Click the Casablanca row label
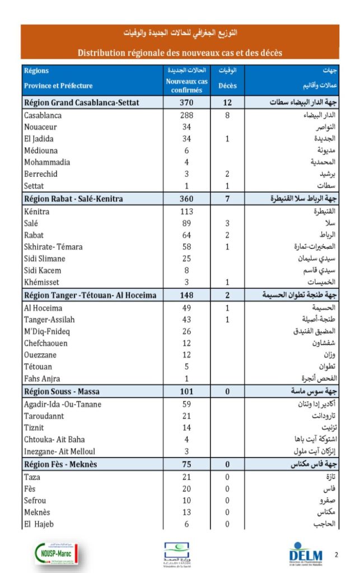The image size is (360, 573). (x=43, y=115)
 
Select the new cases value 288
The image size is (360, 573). (x=186, y=115)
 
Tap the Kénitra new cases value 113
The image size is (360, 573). (x=186, y=212)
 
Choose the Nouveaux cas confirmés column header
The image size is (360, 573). (x=186, y=86)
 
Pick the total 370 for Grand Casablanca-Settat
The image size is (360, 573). (x=186, y=102)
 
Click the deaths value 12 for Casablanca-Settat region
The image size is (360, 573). (x=227, y=102)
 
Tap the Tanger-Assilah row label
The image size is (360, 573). (x=49, y=320)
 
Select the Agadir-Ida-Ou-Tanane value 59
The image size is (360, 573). (x=186, y=404)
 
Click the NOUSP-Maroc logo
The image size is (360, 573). (x=56, y=554)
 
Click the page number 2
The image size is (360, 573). (x=336, y=555)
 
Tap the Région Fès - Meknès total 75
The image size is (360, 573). (x=186, y=464)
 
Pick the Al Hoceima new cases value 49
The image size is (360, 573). (x=186, y=308)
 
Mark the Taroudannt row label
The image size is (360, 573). (x=44, y=416)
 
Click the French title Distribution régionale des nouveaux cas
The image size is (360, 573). (x=180, y=53)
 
